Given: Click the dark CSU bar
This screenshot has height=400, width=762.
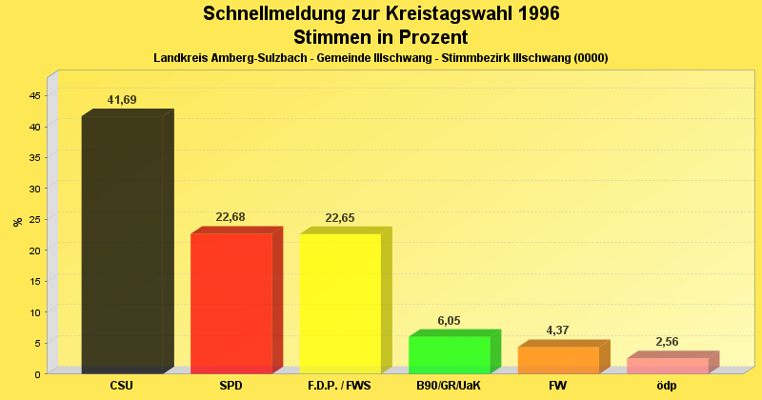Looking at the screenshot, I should (x=122, y=245).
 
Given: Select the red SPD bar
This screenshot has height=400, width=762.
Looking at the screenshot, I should (x=231, y=303).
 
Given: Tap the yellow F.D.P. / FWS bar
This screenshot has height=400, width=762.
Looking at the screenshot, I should (x=340, y=303).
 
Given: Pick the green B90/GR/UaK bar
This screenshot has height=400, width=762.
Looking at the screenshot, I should (x=449, y=354).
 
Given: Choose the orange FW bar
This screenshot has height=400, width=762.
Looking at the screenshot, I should (x=558, y=360).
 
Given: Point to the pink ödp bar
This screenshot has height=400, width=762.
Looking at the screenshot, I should (x=667, y=366).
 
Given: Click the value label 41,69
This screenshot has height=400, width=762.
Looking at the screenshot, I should (x=122, y=100).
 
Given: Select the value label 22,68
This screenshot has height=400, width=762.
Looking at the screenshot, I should (x=231, y=217).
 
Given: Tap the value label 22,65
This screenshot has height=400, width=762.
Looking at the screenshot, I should (x=340, y=218).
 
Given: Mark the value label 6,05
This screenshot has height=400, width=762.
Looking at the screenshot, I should (x=449, y=320).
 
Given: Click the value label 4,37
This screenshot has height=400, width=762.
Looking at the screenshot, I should (x=558, y=330).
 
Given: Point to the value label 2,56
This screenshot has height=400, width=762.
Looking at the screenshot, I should (x=667, y=342).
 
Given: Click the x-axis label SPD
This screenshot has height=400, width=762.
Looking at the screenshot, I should (x=231, y=386).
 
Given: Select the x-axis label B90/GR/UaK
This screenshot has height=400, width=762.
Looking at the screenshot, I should (x=449, y=386).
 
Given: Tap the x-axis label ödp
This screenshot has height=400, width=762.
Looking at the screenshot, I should (x=667, y=386).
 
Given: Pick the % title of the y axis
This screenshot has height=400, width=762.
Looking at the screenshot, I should (x=17, y=222).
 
